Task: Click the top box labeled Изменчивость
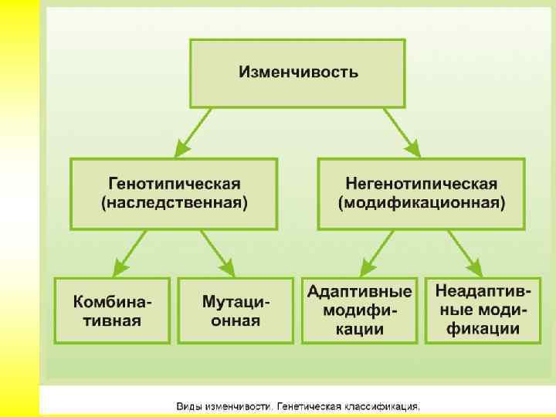297,73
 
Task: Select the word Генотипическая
174,184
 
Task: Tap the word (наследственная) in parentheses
174,203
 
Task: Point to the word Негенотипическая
422,184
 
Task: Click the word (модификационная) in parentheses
422,203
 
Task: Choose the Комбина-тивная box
112,310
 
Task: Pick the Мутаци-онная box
236,310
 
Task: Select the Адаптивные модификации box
359,310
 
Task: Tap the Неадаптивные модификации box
483,310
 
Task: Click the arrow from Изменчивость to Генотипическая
193,132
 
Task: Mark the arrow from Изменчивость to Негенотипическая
402,132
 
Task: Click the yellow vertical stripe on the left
19,208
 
